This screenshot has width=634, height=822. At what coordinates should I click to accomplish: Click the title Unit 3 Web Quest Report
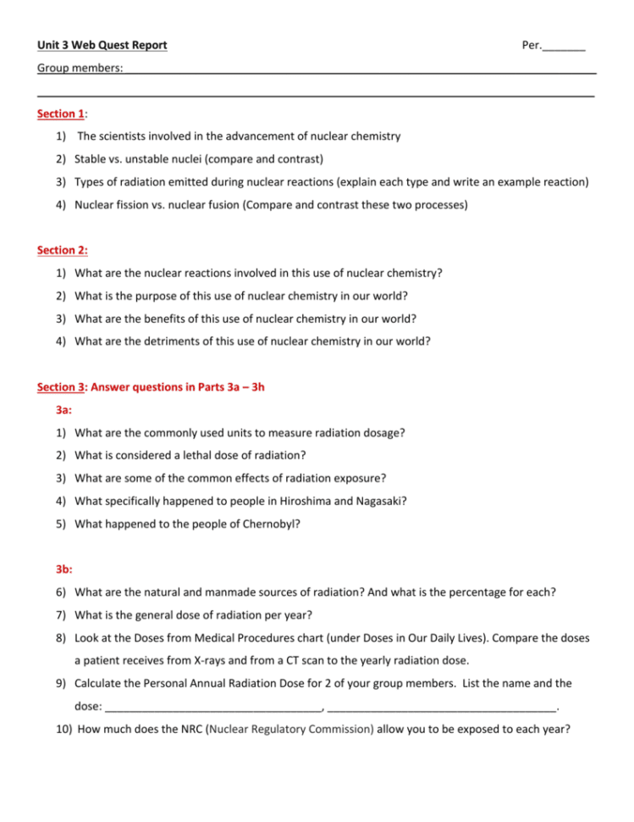coord(102,45)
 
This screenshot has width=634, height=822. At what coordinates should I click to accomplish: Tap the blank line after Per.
coord(565,47)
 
